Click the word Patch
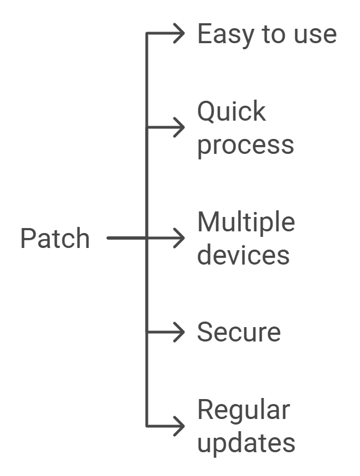pyautogui.click(x=55, y=239)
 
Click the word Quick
pyautogui.click(x=232, y=112)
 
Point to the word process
pyautogui.click(x=245, y=146)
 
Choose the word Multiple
pyautogui.click(x=246, y=223)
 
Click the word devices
pyautogui.click(x=243, y=255)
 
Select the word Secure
pyautogui.click(x=239, y=332)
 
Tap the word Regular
pyautogui.click(x=243, y=410)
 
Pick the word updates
pyautogui.click(x=246, y=443)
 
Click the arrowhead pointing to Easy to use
pyautogui.click(x=178, y=34)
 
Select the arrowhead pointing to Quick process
pyautogui.click(x=178, y=127)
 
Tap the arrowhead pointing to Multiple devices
pyautogui.click(x=178, y=238)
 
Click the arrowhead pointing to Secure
pyautogui.click(x=178, y=332)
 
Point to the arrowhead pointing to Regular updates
pyautogui.click(x=178, y=426)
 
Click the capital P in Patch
pyautogui.click(x=27, y=239)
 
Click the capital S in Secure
pyautogui.click(x=205, y=332)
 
